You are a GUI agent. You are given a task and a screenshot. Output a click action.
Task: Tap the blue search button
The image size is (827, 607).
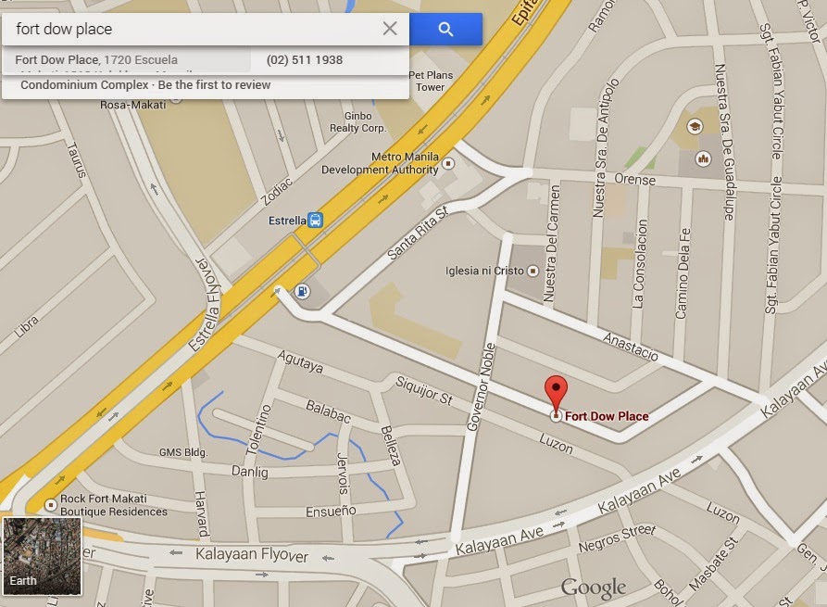point(445,30)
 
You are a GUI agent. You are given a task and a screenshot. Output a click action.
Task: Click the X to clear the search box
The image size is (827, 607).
point(390,29)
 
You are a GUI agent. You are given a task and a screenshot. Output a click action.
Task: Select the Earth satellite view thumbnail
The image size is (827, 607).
point(42,556)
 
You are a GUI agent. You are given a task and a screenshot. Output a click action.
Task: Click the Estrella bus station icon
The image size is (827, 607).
point(316,221)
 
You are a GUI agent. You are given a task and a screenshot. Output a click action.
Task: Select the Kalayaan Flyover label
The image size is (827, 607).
point(252,555)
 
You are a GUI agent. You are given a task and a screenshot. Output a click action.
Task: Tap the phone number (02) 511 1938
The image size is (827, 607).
point(304,60)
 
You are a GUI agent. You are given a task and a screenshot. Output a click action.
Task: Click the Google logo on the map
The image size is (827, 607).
point(593,588)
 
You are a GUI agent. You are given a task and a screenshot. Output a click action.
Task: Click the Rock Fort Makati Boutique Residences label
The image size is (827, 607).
point(114,505)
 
